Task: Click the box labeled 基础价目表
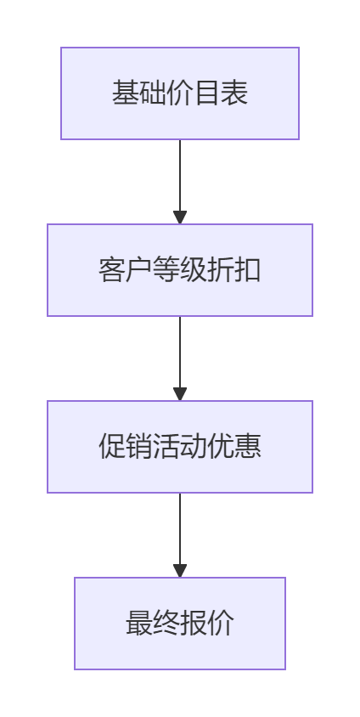[180, 93]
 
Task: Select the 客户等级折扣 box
[180, 270]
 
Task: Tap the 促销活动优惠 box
[180, 447]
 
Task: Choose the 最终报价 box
[180, 624]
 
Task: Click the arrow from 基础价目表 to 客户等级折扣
[180, 182]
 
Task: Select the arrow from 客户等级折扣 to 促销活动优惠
[180, 358]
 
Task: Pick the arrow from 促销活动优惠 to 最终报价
[180, 535]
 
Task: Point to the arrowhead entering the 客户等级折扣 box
[180, 217]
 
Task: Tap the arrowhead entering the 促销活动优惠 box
[180, 394]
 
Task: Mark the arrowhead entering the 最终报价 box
[180, 571]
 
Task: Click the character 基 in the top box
[126, 93]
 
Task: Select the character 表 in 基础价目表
[234, 93]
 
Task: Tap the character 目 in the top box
[207, 93]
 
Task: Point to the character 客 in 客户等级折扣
[112, 270]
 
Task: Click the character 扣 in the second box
[248, 270]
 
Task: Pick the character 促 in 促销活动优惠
[112, 447]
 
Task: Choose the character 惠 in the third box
[248, 447]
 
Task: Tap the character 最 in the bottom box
[139, 624]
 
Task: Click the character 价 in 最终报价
[221, 624]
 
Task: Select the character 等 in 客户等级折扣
[166, 270]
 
